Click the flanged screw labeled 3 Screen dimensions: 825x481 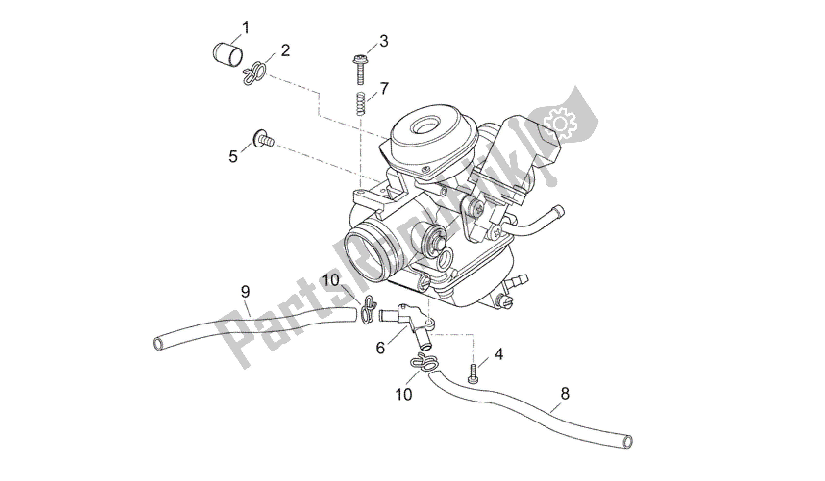point(360,71)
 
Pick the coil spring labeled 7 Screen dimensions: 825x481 point(360,103)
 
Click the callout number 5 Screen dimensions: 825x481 point(233,156)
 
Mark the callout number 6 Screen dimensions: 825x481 point(380,347)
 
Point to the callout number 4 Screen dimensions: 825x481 point(499,354)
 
